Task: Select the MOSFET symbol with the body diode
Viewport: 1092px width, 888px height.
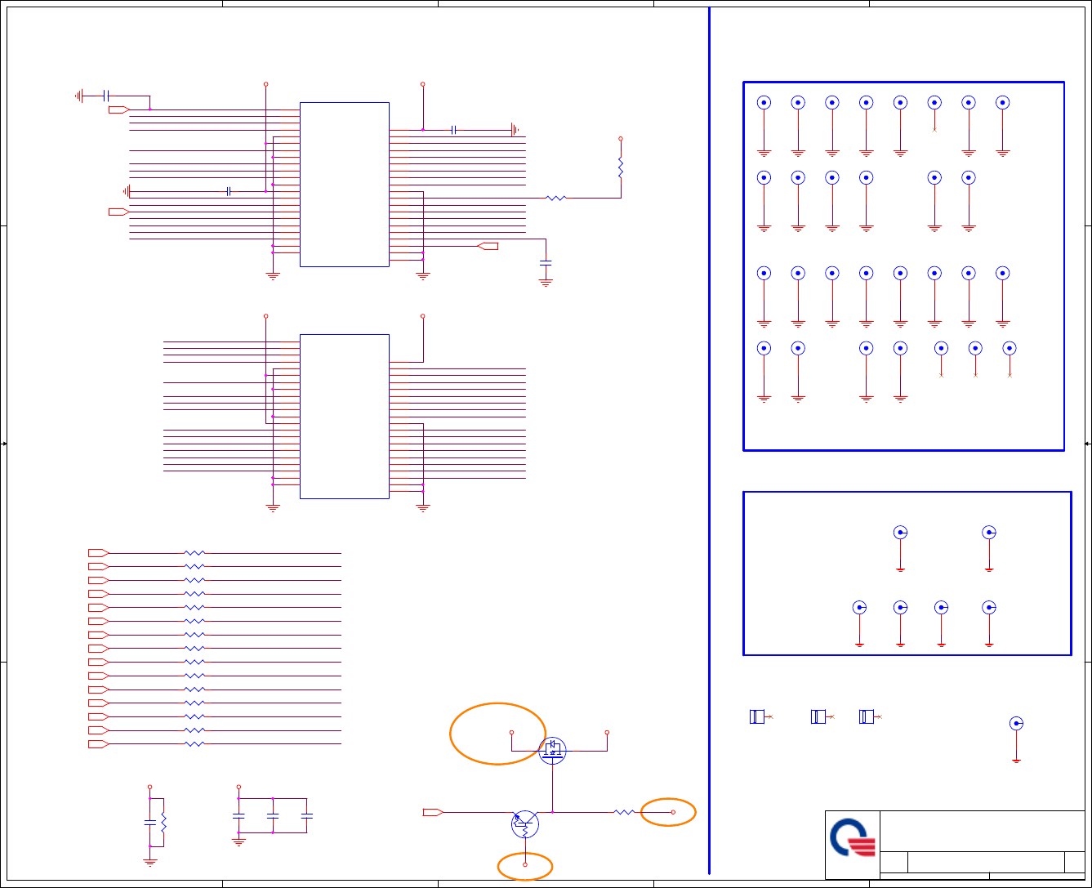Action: point(553,750)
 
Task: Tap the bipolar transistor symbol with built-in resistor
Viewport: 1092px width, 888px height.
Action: point(525,823)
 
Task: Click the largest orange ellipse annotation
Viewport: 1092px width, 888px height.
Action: point(497,734)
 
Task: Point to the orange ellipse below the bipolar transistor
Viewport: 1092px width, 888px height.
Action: point(525,867)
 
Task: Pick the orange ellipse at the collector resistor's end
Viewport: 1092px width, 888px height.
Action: point(668,812)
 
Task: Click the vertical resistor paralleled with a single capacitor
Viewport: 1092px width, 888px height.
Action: point(163,821)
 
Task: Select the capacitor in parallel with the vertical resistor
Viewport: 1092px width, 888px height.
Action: point(149,819)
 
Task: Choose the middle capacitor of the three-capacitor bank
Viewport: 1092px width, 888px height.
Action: point(273,815)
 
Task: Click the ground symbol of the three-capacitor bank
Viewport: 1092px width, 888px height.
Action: point(238,841)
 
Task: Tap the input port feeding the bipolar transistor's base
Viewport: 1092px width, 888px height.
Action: point(433,812)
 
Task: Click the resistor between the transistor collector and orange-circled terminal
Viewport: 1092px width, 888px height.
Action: point(624,812)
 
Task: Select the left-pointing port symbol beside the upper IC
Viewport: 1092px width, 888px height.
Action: point(488,246)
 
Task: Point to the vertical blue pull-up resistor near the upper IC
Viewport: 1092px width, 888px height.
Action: point(621,167)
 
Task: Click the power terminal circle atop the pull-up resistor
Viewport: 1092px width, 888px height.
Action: point(621,139)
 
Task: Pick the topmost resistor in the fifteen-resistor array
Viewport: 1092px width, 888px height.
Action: point(194,553)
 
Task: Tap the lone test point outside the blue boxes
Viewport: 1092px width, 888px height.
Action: point(1016,724)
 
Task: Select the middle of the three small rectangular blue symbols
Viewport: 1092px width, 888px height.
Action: point(818,716)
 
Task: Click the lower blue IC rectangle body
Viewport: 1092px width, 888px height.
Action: point(345,416)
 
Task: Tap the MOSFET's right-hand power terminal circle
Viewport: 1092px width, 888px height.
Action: point(607,732)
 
